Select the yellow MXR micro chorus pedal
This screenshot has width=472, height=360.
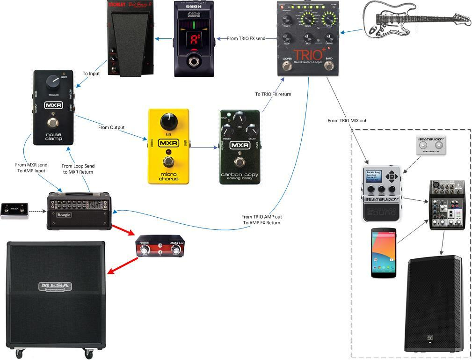(169, 146)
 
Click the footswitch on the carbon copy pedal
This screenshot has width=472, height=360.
(240, 162)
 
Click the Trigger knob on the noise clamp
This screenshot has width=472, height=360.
(53, 83)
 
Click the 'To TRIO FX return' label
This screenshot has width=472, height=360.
(273, 94)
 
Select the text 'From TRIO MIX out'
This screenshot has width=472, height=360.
(347, 121)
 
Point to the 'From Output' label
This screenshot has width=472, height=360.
(110, 127)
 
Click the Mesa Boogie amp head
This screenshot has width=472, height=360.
(79, 211)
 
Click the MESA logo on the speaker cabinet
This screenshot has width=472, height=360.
(55, 286)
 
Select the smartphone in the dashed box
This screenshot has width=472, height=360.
(384, 253)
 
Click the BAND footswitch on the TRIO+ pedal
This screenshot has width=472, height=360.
(329, 66)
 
